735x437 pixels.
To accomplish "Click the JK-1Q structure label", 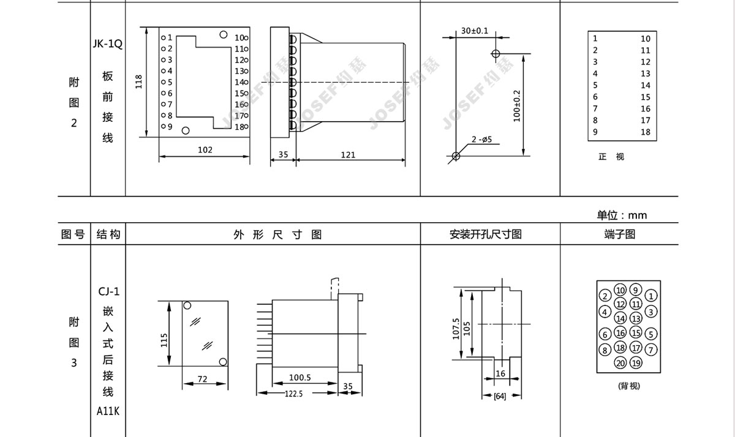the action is click(x=108, y=44).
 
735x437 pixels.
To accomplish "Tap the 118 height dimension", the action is click(x=139, y=81).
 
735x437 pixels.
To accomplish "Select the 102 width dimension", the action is click(x=205, y=150).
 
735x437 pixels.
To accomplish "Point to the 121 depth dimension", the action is click(x=348, y=155).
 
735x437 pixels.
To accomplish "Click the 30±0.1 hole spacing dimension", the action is click(x=475, y=31).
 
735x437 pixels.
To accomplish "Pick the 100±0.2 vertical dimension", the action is click(x=517, y=106).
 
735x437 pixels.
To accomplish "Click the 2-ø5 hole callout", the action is click(x=481, y=140).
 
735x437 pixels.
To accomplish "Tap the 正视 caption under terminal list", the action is click(x=611, y=157).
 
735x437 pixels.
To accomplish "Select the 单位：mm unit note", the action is click(x=622, y=215).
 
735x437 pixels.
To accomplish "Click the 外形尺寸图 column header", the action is click(x=277, y=234).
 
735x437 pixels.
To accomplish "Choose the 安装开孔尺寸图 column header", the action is click(x=485, y=234).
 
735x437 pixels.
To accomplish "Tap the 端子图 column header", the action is click(x=620, y=234).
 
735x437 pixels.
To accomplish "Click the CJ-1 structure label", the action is click(x=108, y=291).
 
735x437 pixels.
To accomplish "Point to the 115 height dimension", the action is click(x=164, y=340).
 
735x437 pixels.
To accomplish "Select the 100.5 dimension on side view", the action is click(x=300, y=378).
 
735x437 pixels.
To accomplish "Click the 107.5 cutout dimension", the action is click(x=456, y=329).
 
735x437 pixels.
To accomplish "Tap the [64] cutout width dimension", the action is click(x=500, y=397).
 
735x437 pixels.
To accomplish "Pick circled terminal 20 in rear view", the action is click(x=620, y=363).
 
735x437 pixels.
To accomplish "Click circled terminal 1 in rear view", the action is click(x=651, y=296).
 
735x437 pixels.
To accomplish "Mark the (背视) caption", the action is click(x=629, y=386).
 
